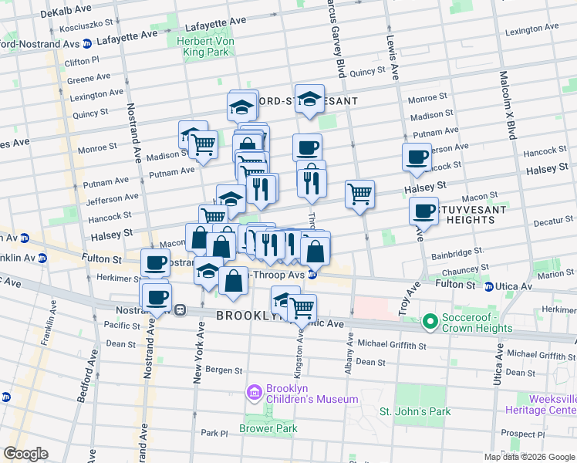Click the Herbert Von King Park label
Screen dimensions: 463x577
[207, 47]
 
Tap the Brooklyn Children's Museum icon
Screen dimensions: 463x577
[254, 394]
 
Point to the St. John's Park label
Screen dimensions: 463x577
[414, 411]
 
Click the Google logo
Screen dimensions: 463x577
[25, 454]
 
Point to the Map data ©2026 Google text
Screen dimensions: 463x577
[528, 457]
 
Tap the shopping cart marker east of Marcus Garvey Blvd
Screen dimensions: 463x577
[359, 194]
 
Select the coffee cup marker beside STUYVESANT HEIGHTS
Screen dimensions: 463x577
[423, 211]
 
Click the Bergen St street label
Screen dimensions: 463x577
[224, 370]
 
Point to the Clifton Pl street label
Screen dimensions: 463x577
[83, 60]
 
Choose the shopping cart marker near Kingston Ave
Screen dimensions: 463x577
[302, 308]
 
